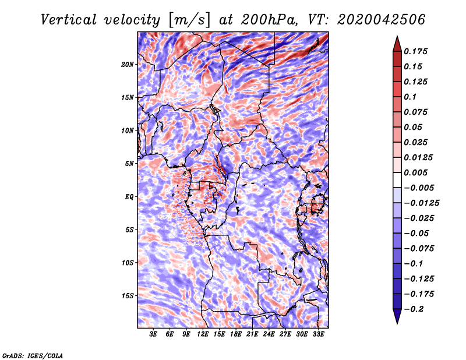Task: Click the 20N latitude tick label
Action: point(128,65)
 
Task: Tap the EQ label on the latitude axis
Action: point(129,197)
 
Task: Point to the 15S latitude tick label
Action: point(128,296)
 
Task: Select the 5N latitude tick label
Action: point(129,164)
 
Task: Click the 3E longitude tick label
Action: point(153,334)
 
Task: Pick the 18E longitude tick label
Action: point(236,334)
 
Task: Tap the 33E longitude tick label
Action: point(318,334)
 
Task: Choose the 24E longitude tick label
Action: point(269,334)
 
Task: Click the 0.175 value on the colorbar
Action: point(415,51)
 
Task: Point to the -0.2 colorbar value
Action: point(414,309)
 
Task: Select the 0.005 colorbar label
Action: point(415,172)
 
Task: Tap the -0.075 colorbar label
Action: point(419,249)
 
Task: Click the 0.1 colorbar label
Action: point(410,97)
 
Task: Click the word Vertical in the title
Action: point(69,20)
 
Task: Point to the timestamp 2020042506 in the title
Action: point(382,20)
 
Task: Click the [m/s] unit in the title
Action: point(189,20)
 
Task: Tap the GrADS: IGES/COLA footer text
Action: point(33,356)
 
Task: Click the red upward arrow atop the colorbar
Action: point(397,44)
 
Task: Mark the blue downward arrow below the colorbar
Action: point(397,316)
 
